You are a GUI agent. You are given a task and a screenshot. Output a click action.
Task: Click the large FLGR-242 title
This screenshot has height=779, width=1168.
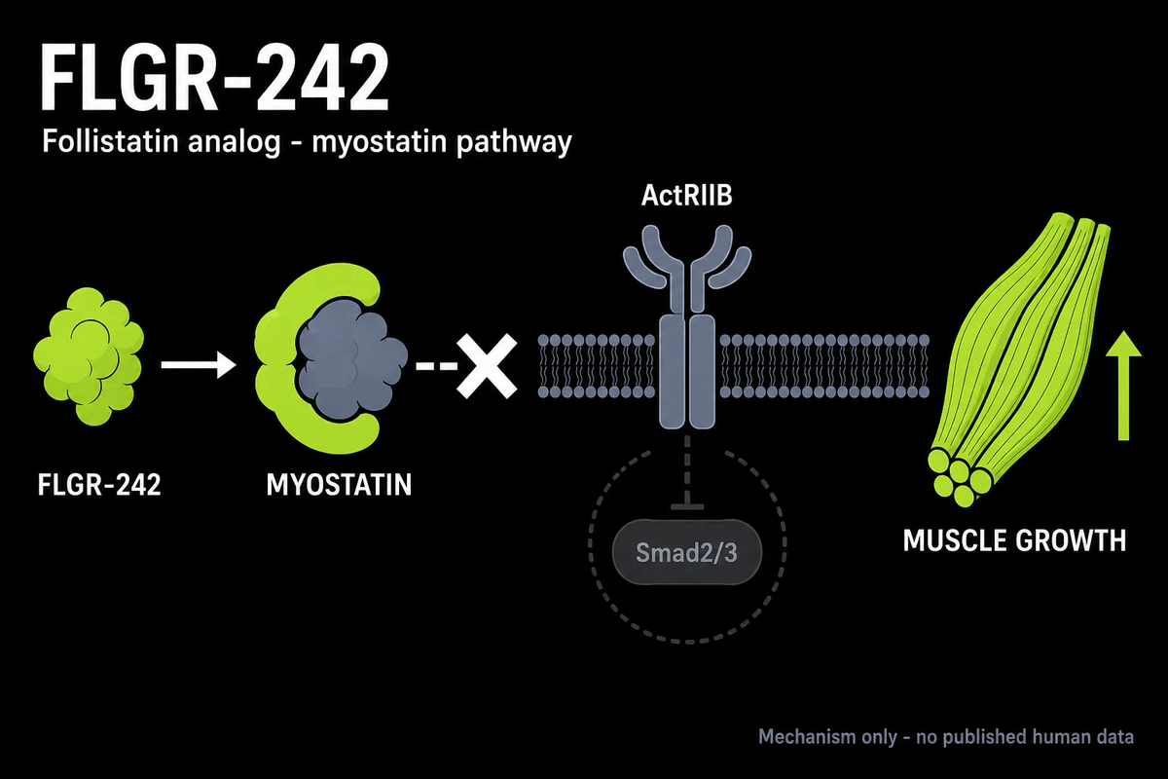pyautogui.click(x=214, y=78)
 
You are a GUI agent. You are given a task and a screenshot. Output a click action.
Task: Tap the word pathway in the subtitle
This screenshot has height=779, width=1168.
pyautogui.click(x=514, y=143)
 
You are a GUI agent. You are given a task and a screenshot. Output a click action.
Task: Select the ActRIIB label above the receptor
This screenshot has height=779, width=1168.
pyautogui.click(x=687, y=196)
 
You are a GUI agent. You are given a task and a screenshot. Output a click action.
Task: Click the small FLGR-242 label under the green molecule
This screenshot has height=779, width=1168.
pyautogui.click(x=99, y=485)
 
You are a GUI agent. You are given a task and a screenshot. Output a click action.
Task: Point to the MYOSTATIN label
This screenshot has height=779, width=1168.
pyautogui.click(x=339, y=485)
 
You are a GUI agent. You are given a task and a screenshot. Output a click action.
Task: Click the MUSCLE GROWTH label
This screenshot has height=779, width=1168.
pyautogui.click(x=1014, y=540)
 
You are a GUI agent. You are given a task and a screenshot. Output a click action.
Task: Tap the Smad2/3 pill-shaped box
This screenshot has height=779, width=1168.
pyautogui.click(x=687, y=552)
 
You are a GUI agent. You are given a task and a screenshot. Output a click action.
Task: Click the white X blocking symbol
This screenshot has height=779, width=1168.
pyautogui.click(x=487, y=366)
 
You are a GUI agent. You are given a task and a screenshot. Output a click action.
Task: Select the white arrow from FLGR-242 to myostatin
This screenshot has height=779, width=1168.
pyautogui.click(x=199, y=364)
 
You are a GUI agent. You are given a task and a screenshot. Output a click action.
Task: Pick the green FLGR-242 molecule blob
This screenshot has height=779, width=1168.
pyautogui.click(x=89, y=355)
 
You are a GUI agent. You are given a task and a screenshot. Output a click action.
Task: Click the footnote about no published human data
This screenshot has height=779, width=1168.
pyautogui.click(x=946, y=737)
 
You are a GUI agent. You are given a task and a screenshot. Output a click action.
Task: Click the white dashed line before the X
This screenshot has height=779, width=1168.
pyautogui.click(x=436, y=366)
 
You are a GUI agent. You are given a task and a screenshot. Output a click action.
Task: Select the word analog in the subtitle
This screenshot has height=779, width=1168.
pyautogui.click(x=235, y=143)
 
